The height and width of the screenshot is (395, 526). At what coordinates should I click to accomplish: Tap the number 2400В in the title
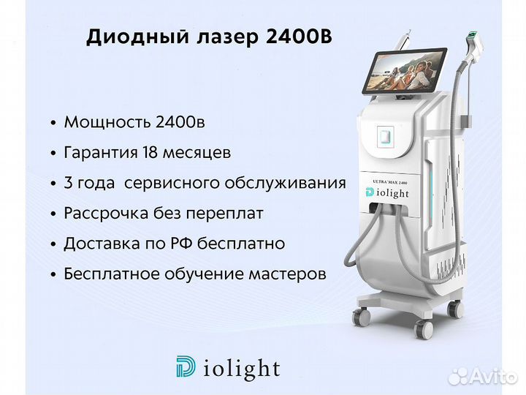(299, 37)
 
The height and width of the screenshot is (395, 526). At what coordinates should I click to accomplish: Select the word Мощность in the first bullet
(107, 123)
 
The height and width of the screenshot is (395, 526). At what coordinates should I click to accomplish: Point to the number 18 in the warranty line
(150, 153)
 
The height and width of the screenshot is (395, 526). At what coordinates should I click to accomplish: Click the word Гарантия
(101, 153)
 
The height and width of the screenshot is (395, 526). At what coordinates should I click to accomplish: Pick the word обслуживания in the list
(285, 184)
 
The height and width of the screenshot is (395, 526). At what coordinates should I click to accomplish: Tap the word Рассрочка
(107, 214)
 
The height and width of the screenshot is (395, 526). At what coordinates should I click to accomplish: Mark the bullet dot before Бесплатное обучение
(53, 275)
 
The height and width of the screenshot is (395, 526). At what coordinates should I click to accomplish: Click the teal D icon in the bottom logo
(186, 366)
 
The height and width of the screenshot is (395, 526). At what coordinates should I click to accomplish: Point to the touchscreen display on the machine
(405, 71)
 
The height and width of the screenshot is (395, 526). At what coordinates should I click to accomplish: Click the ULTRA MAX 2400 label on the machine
(390, 182)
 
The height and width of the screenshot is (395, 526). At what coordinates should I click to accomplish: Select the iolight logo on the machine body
(387, 193)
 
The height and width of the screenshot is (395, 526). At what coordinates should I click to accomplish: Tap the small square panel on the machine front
(384, 137)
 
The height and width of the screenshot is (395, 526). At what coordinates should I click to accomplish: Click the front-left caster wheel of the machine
(362, 316)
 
